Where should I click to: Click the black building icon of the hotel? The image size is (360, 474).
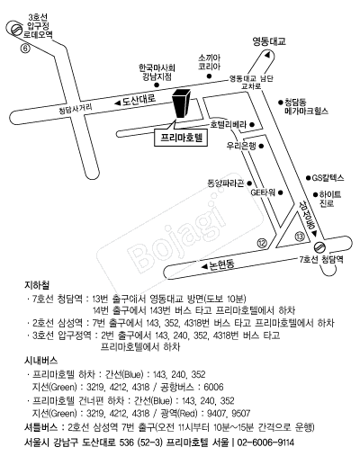[x=181, y=103]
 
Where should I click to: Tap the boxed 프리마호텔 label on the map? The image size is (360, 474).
[x=181, y=138]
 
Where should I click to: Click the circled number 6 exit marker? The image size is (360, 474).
[x=25, y=49]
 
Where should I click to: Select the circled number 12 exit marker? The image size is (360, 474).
[x=262, y=243]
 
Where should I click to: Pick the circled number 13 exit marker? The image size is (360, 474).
[x=300, y=237]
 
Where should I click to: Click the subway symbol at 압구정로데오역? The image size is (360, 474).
[x=15, y=30]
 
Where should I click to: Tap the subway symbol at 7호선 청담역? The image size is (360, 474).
[x=319, y=247]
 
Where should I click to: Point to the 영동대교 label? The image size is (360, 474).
[x=269, y=41]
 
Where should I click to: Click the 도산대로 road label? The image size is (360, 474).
[x=139, y=100]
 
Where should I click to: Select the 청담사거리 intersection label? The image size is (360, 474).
[x=75, y=109]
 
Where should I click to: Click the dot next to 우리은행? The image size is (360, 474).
[x=261, y=146]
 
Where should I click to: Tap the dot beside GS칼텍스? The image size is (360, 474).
[x=309, y=178]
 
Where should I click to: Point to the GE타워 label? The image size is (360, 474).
[x=263, y=192]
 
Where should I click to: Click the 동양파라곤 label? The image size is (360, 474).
[x=225, y=183]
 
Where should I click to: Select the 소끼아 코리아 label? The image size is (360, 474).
[x=209, y=62]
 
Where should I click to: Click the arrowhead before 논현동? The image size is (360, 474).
[x=205, y=266]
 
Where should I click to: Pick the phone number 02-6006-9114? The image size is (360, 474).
[x=265, y=443]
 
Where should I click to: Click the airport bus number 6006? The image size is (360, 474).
[x=213, y=387]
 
